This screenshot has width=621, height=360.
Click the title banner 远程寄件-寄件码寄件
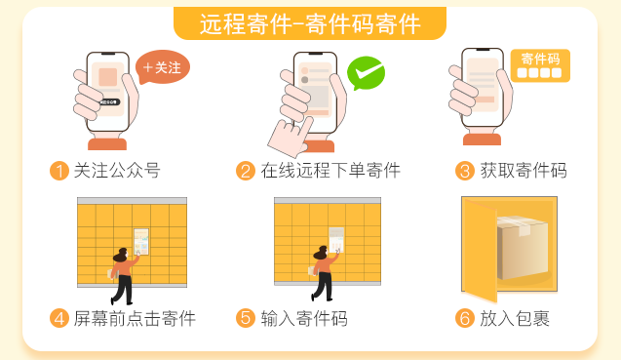point(310,23)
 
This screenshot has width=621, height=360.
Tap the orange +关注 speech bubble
point(162,67)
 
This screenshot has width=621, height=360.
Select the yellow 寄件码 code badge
point(540,65)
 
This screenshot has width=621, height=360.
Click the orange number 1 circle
point(58,171)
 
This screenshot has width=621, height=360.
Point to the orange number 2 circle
point(246,171)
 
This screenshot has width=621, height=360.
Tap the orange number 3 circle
point(465,171)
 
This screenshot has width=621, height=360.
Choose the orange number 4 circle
point(58,318)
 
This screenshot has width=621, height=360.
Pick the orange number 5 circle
point(246,318)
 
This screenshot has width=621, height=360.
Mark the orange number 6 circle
point(465,318)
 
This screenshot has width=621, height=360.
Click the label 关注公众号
point(117,171)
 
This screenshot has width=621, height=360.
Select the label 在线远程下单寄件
point(330,171)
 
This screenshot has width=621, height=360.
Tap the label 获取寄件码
point(524,171)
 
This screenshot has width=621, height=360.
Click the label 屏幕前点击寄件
point(135,318)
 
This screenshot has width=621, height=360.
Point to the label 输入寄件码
point(304,318)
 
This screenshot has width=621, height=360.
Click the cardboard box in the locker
point(522,246)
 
